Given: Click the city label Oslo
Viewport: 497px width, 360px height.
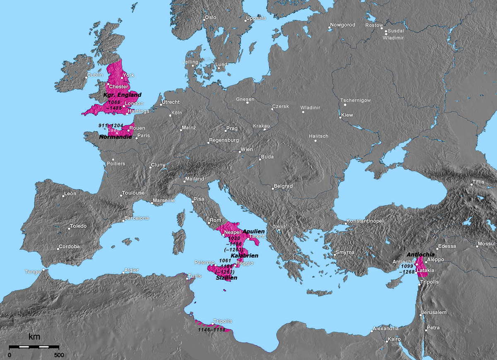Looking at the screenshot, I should [211, 17].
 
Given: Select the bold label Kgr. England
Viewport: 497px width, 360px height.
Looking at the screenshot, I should [122, 95].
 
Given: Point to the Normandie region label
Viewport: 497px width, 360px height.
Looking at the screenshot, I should [116, 136].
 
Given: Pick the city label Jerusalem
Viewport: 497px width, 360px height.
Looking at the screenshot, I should [434, 312].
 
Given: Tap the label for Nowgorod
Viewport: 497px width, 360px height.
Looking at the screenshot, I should [343, 25].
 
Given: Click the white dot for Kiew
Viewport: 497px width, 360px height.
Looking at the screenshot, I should [340, 118].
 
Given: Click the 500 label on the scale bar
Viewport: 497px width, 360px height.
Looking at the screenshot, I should [59, 355].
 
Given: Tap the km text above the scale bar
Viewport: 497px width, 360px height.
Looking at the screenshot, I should [34, 337].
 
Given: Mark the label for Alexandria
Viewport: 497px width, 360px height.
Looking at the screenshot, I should [386, 329].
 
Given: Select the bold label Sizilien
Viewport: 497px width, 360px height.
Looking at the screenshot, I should [227, 278].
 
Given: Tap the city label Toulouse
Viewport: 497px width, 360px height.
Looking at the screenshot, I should [133, 193].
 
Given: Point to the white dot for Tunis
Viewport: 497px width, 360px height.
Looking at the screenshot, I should [188, 278].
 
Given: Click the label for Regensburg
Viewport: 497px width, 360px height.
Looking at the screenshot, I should [224, 140].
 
